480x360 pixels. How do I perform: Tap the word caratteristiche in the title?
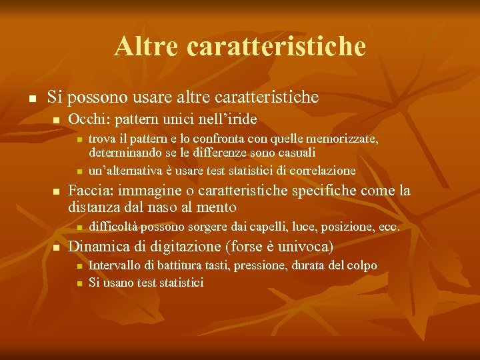[277, 47]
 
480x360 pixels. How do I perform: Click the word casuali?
[293, 153]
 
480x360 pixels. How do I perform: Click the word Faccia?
[89, 191]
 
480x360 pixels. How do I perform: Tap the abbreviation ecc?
[389, 227]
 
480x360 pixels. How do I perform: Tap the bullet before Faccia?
[56, 192]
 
